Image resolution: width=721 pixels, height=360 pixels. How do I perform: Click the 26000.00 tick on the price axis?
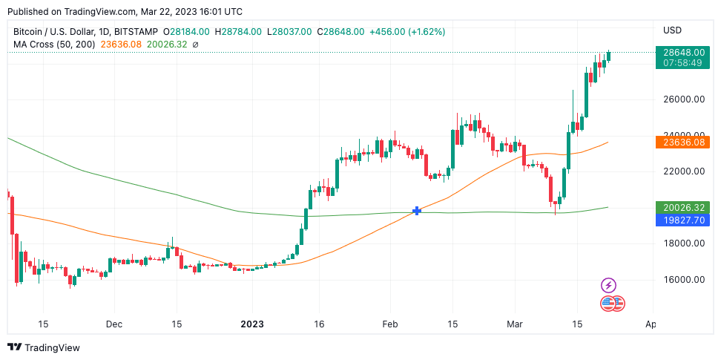[x=683, y=99]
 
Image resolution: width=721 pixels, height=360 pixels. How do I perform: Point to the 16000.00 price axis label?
[x=683, y=280]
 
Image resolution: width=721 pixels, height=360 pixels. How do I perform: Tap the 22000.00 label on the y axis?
[x=683, y=171]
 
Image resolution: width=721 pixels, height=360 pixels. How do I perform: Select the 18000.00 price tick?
[x=683, y=243]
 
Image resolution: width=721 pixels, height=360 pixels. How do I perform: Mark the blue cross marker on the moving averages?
[x=417, y=212]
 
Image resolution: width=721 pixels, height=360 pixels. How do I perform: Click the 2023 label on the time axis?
[x=252, y=324]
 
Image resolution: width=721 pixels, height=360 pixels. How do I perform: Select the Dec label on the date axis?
[x=114, y=324]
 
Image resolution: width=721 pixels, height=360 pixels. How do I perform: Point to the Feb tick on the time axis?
[x=390, y=324]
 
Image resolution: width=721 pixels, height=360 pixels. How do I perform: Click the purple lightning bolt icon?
[x=608, y=285]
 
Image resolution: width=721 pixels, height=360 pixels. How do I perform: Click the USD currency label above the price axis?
[x=672, y=30]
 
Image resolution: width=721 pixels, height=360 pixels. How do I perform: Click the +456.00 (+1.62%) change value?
[x=408, y=31]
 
